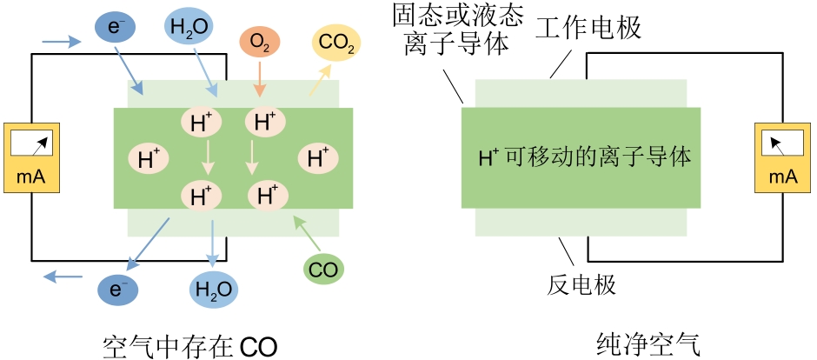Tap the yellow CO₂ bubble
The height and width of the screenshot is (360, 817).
pyautogui.click(x=336, y=43)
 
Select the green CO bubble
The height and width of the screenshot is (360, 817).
pyautogui.click(x=323, y=270)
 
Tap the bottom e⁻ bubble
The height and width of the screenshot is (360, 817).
pyautogui.click(x=118, y=288)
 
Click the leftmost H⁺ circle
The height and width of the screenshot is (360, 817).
pyautogui.click(x=145, y=159)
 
